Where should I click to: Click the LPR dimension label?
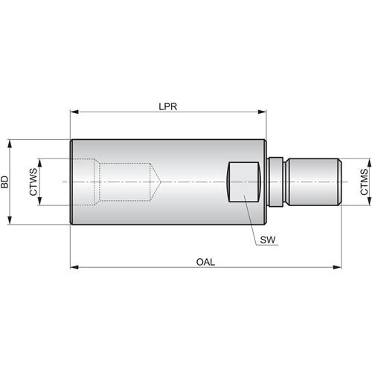pos(167,106)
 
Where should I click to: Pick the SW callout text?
pos(268,240)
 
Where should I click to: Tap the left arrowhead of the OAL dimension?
pos(74,266)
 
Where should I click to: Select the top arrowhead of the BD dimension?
pos(10,143)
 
